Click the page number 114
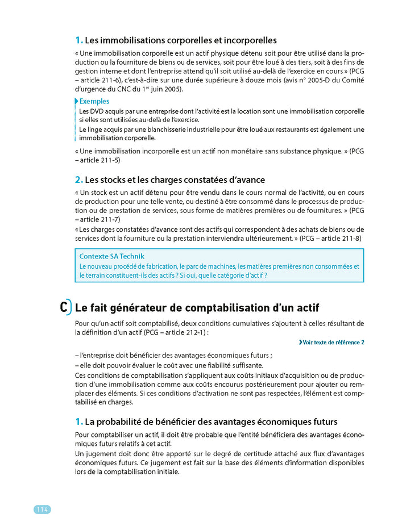click(x=42, y=510)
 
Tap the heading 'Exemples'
click(x=94, y=101)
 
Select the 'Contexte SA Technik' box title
click(x=112, y=256)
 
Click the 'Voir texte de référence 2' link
click(x=331, y=343)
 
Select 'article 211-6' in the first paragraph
click(x=98, y=80)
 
